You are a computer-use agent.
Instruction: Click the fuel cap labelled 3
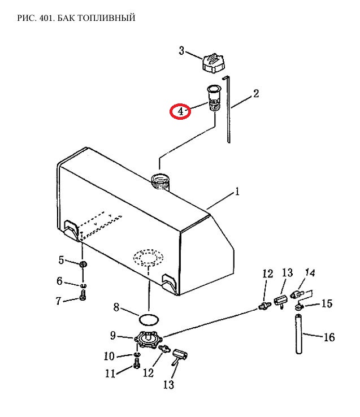pyautogui.click(x=213, y=63)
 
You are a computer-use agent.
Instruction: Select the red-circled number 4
pyautogui.click(x=180, y=111)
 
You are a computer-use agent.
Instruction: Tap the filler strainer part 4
pyautogui.click(x=214, y=98)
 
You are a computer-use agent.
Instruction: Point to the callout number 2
pyautogui.click(x=255, y=93)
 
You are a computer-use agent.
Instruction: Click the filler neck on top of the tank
pyautogui.click(x=160, y=181)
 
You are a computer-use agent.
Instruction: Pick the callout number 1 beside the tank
pyautogui.click(x=237, y=191)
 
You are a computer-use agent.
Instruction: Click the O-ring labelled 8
pyautogui.click(x=149, y=320)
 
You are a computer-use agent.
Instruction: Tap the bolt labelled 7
pyautogui.click(x=83, y=296)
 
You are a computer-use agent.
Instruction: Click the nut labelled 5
pyautogui.click(x=83, y=264)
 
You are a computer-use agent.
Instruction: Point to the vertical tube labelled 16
pyautogui.click(x=299, y=334)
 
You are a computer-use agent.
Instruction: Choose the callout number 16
pyautogui.click(x=329, y=337)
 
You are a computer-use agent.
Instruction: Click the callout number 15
pyautogui.click(x=327, y=303)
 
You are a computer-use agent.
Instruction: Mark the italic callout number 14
pyautogui.click(x=310, y=272)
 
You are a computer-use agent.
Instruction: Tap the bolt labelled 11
pyautogui.click(x=137, y=363)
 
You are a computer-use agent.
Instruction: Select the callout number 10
pyautogui.click(x=109, y=356)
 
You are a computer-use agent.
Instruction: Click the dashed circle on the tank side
pyautogui.click(x=148, y=257)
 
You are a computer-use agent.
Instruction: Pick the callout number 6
pyautogui.click(x=59, y=281)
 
